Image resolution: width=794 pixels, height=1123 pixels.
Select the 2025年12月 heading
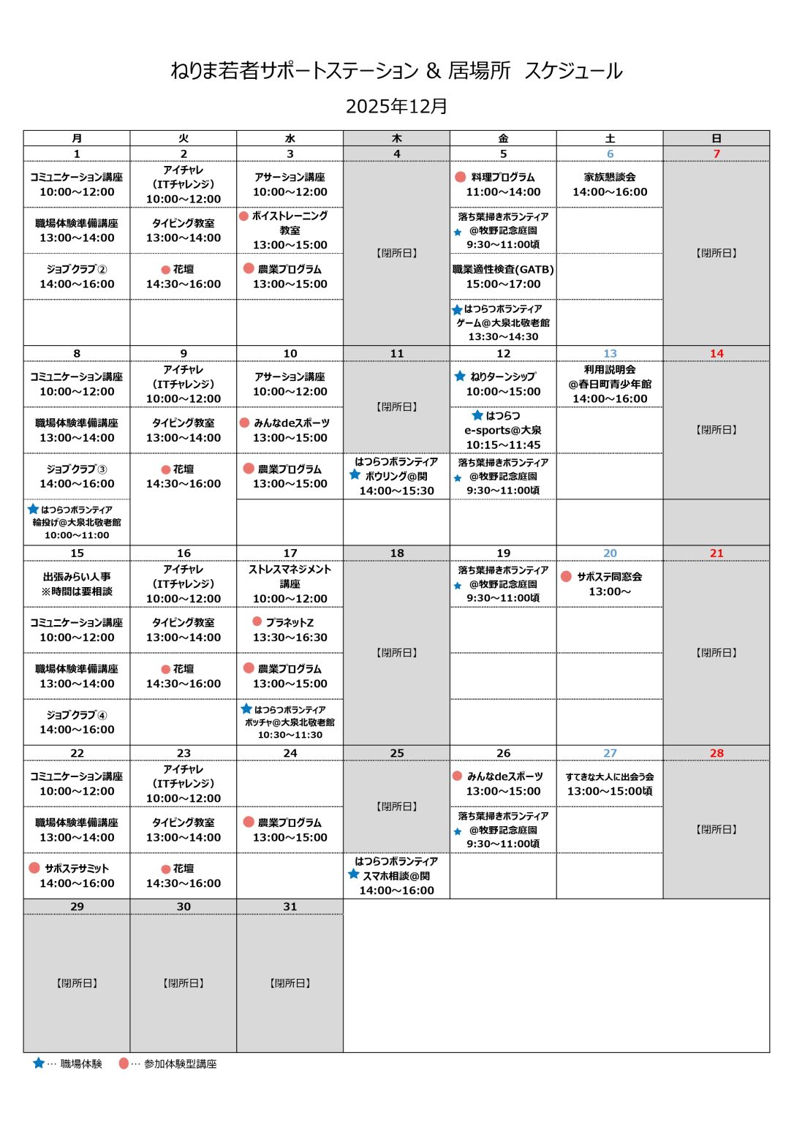coord(396,107)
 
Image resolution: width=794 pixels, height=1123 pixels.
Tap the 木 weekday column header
coord(396,138)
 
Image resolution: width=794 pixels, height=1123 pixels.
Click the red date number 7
coord(717,154)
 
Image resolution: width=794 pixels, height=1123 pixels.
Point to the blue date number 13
coord(610,354)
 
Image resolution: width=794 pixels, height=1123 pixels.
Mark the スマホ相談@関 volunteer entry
coord(396,876)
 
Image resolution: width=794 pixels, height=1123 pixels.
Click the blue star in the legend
coord(39,1063)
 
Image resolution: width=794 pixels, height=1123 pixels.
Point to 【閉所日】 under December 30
coord(184,983)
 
